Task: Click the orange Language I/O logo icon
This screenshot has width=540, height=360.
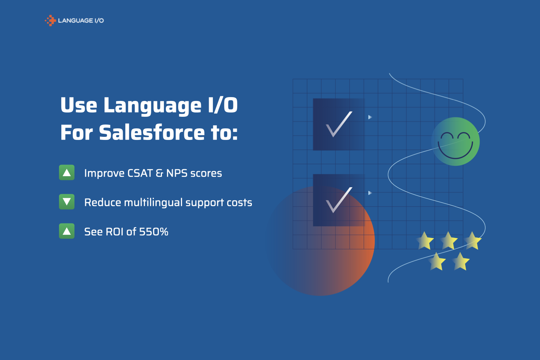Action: tap(50, 20)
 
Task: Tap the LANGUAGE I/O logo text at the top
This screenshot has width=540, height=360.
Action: tap(81, 20)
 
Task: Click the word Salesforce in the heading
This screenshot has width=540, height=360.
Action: tap(152, 133)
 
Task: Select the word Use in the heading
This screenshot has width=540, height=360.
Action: tap(79, 105)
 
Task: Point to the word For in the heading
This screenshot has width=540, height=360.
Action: tap(76, 133)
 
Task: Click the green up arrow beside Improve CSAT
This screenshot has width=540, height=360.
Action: tap(67, 173)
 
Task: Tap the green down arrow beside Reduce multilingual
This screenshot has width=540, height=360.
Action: tap(67, 202)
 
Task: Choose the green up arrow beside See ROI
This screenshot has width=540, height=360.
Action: tap(67, 231)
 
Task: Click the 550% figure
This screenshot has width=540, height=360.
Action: tap(154, 232)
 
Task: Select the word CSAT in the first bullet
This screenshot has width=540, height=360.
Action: tap(140, 173)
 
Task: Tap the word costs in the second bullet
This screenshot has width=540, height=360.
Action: tap(239, 203)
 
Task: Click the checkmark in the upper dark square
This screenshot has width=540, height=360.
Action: tap(339, 124)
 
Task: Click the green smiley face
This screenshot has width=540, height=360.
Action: tap(456, 141)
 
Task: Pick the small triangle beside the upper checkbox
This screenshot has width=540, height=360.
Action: tap(370, 117)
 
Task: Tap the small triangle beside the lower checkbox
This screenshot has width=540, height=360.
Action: tap(370, 193)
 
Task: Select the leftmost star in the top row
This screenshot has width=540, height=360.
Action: tap(425, 241)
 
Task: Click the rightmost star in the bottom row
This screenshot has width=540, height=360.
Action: tap(461, 261)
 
